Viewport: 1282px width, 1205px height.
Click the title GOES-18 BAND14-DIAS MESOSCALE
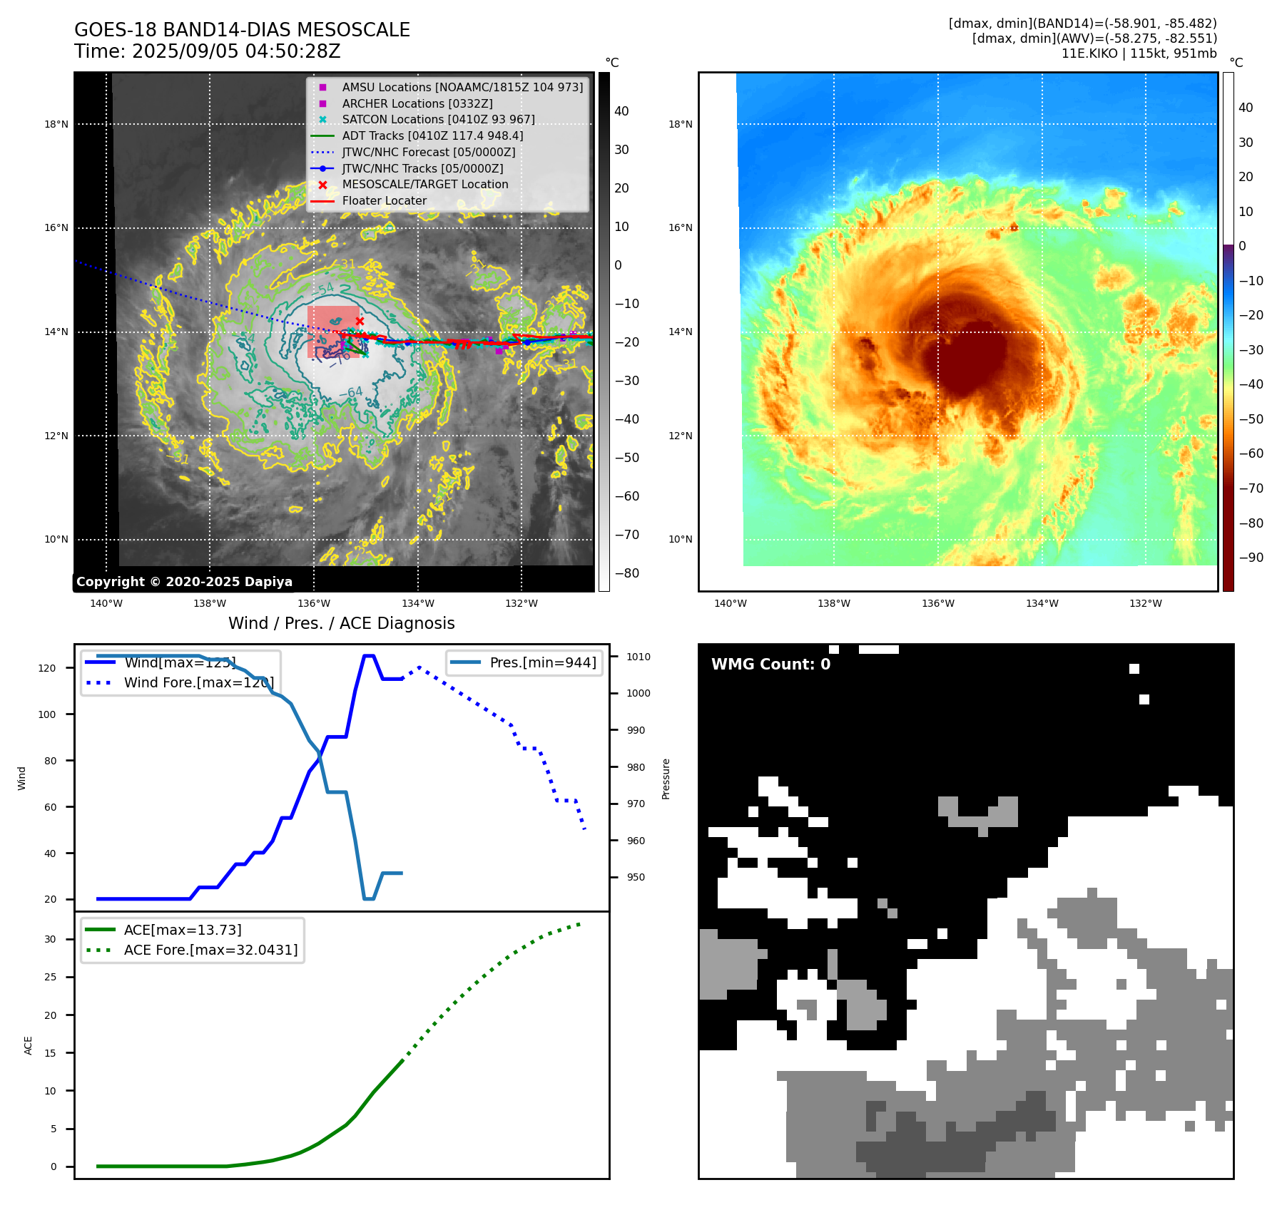[x=242, y=30]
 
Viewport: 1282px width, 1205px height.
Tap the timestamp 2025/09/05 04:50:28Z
[x=236, y=52]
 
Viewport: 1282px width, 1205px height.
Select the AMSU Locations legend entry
[x=462, y=87]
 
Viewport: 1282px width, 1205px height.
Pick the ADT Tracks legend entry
[x=432, y=135]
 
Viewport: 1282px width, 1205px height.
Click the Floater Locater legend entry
[x=384, y=201]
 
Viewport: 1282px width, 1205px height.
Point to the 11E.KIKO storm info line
[x=1139, y=53]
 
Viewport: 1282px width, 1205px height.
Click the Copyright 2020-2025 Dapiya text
[x=184, y=582]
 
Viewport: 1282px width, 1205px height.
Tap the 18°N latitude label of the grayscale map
[x=56, y=124]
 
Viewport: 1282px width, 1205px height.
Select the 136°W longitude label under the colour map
[x=937, y=604]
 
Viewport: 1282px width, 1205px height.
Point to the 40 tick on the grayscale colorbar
[x=621, y=111]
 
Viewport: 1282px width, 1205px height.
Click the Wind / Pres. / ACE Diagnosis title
[x=341, y=624]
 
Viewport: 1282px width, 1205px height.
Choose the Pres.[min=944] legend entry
[x=542, y=662]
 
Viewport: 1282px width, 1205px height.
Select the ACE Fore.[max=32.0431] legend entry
[x=210, y=950]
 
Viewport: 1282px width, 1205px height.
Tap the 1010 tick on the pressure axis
[x=639, y=657]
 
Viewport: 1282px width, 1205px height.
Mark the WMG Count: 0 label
[x=770, y=665]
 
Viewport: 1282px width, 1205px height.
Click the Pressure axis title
[x=666, y=779]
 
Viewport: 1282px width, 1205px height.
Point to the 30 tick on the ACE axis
[x=50, y=939]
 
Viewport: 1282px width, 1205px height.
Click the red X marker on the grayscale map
[x=360, y=322]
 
